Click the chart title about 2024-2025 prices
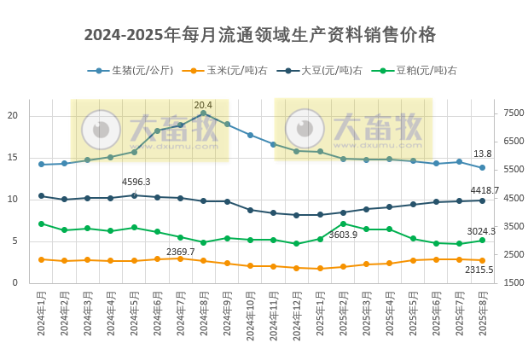[260, 35]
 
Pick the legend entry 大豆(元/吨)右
[324, 71]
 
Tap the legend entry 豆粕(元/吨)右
[419, 71]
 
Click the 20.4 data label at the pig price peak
[203, 105]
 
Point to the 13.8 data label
[482, 154]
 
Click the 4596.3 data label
[136, 182]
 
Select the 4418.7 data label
[484, 190]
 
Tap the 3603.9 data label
[343, 235]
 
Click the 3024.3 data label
[481, 231]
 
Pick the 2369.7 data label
[180, 252]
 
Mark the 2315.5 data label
[479, 270]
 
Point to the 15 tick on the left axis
[12, 158]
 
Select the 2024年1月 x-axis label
[41, 314]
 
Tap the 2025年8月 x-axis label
[482, 314]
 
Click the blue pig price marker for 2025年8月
[482, 167]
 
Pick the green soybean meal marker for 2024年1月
[41, 224]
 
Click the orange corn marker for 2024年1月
[41, 259]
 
